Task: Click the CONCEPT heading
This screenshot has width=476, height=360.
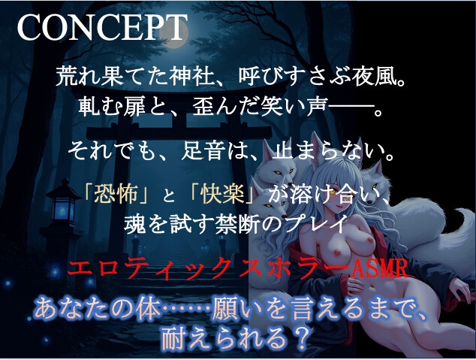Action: pyautogui.click(x=101, y=29)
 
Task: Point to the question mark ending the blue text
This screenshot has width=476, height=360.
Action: pyautogui.click(x=301, y=337)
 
